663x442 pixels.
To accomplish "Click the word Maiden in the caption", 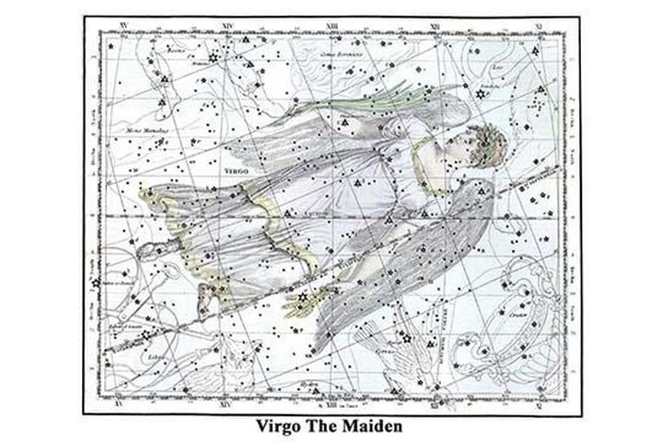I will click(x=372, y=426).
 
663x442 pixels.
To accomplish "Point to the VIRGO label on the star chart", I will click(x=235, y=171).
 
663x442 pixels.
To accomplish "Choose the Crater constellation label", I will click(x=518, y=313).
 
